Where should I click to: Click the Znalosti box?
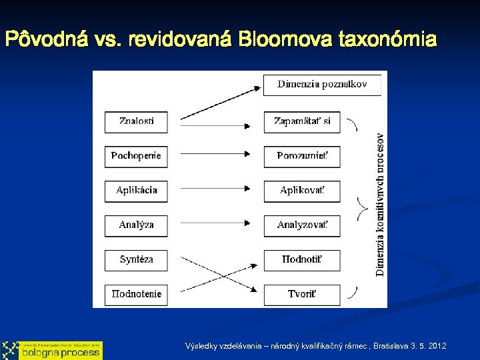pos(136,121)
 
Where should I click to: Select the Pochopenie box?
pos(136,156)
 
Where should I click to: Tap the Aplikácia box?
pos(136,191)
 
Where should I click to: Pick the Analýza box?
pos(136,225)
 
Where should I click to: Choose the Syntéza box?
pos(136,260)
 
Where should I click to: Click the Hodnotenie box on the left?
pos(136,294)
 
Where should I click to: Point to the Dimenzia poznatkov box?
pos(322,85)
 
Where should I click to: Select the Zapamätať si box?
pos(302,121)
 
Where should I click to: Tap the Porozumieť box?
pos(302,156)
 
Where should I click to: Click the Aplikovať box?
pos(302,191)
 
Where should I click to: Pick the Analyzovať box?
pos(302,225)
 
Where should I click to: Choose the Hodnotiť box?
pos(302,260)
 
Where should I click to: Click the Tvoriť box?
pos(302,294)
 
